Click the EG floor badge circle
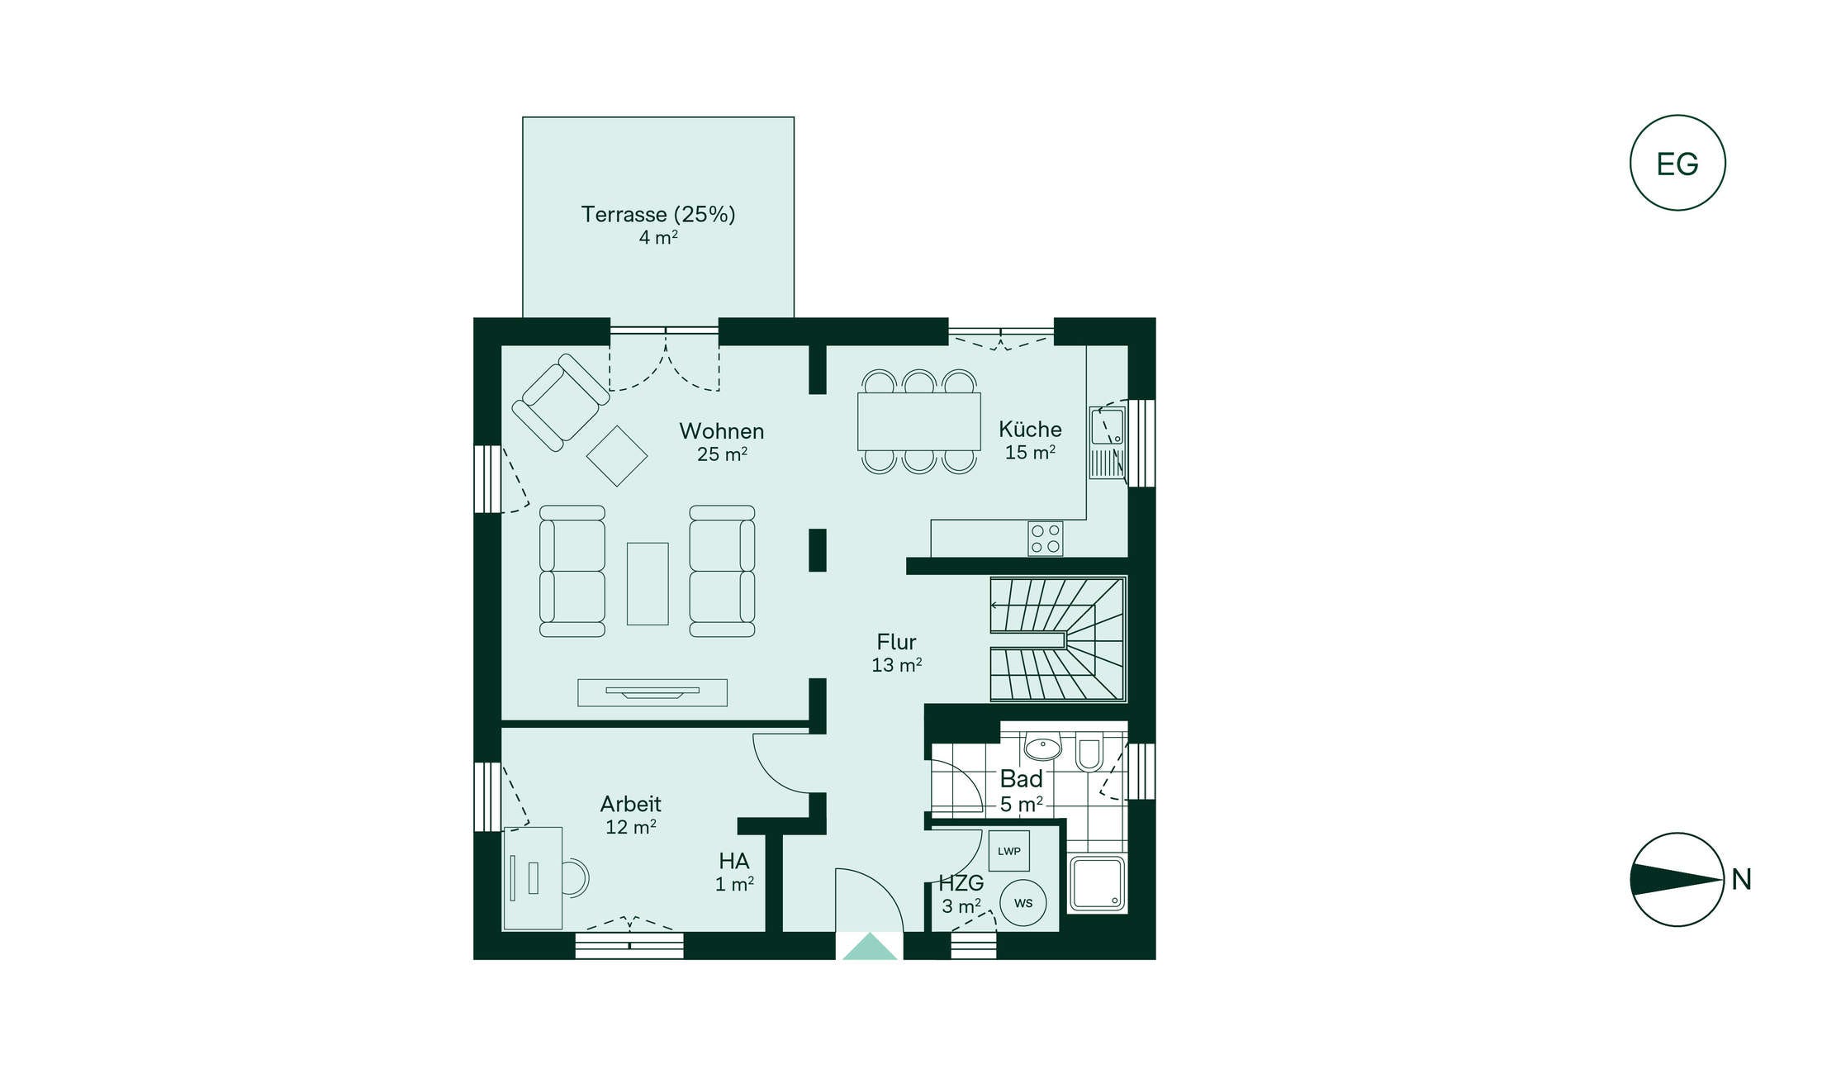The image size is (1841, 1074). tap(1677, 163)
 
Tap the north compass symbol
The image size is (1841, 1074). tap(1677, 879)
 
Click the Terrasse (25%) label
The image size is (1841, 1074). tap(658, 214)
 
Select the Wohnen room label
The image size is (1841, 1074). tap(722, 430)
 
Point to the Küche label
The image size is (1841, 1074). tap(1030, 429)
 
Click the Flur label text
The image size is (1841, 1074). tap(896, 642)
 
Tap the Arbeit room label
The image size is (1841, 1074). tap(630, 804)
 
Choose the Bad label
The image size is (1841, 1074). tap(1022, 779)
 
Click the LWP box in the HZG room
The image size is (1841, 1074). tap(1008, 851)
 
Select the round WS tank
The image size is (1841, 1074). tap(1023, 903)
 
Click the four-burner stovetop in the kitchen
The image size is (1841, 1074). tap(1046, 539)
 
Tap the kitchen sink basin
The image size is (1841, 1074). tap(1108, 427)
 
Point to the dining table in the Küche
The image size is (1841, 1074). tap(919, 421)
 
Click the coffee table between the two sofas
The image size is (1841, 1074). tap(648, 583)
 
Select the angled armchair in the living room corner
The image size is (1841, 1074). tap(561, 402)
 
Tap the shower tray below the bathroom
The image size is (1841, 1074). tap(1097, 884)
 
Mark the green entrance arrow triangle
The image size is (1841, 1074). tap(870, 946)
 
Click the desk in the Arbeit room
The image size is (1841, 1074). tap(533, 878)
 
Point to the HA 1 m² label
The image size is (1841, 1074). tap(734, 872)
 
